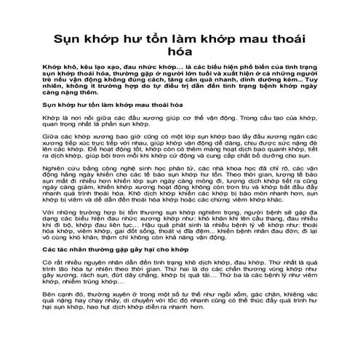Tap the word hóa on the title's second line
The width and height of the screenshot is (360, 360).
click(180, 49)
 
